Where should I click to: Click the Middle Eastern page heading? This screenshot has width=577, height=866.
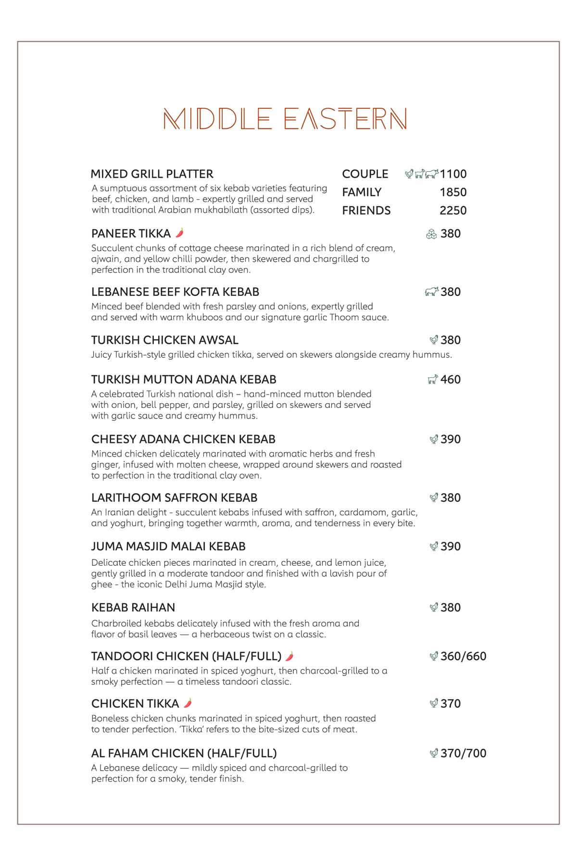tap(285, 119)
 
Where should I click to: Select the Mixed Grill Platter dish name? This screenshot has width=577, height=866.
tap(152, 174)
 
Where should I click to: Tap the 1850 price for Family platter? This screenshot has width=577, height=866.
tap(453, 192)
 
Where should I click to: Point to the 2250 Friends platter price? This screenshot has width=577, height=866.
tap(453, 211)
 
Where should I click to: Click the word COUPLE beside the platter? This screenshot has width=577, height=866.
tap(365, 174)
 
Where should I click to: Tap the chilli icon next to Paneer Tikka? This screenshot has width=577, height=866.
tap(180, 233)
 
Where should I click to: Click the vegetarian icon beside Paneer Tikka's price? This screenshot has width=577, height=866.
tap(431, 234)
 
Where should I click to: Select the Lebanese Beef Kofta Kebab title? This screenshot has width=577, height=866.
tap(175, 292)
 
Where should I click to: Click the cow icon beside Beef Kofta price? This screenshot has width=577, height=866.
tap(432, 292)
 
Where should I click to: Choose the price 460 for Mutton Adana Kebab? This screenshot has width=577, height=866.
tap(451, 380)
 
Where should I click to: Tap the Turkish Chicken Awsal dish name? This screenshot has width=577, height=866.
tap(164, 340)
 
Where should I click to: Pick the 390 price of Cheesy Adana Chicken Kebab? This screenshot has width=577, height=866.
tap(451, 439)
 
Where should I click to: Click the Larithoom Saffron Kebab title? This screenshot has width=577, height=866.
tap(174, 497)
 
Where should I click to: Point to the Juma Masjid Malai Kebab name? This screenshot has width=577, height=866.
tap(168, 547)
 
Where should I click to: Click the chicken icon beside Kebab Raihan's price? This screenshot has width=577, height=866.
tap(434, 608)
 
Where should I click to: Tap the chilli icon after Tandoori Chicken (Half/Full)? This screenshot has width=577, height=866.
tap(289, 656)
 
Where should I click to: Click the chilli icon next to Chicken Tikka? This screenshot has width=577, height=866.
tap(188, 703)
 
